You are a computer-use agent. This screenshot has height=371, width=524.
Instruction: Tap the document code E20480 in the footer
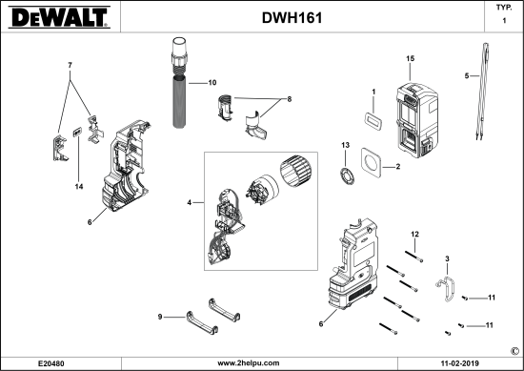(51, 363)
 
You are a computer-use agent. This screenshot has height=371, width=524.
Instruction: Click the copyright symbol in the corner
(514, 350)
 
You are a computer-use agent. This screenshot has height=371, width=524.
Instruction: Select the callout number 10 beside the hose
(212, 84)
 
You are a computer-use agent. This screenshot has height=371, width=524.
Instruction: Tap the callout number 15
(410, 59)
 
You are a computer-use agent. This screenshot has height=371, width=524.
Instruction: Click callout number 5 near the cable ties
(466, 75)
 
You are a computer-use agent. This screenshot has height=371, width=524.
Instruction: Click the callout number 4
(191, 202)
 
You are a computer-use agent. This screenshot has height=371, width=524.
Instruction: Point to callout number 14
(79, 186)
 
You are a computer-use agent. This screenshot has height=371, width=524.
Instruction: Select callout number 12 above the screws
(414, 234)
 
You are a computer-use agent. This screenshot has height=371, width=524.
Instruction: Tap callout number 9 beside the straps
(161, 317)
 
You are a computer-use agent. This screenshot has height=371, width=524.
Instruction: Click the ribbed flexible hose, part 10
(178, 95)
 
